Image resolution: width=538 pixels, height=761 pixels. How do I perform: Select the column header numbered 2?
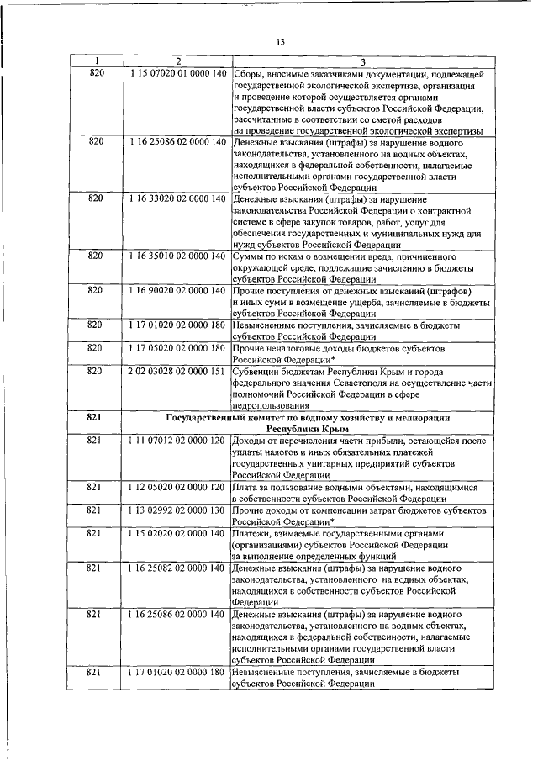[x=177, y=61]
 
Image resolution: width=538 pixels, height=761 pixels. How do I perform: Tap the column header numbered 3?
[x=361, y=61]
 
